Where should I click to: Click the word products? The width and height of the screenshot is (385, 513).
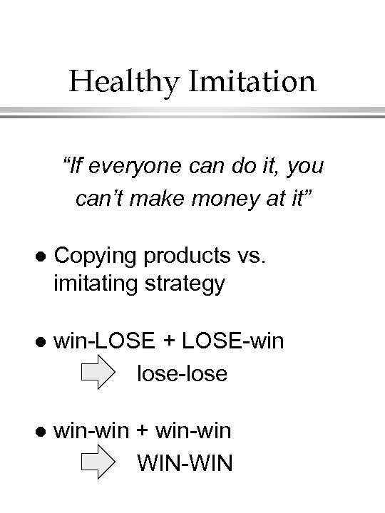pyautogui.click(x=188, y=256)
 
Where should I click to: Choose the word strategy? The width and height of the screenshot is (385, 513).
pyautogui.click(x=185, y=284)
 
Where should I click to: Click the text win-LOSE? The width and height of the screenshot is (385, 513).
pyautogui.click(x=103, y=341)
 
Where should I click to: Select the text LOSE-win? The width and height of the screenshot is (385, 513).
pyautogui.click(x=233, y=341)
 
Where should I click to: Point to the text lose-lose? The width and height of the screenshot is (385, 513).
pyautogui.click(x=182, y=373)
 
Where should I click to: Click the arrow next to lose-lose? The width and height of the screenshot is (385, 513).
pyautogui.click(x=98, y=373)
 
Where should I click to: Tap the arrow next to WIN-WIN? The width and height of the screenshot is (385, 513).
pyautogui.click(x=98, y=463)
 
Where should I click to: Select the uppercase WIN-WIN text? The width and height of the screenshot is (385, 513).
pyautogui.click(x=185, y=463)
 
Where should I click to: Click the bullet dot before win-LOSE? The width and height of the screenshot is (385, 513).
pyautogui.click(x=41, y=342)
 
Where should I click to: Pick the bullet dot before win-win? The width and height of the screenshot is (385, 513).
pyautogui.click(x=41, y=431)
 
